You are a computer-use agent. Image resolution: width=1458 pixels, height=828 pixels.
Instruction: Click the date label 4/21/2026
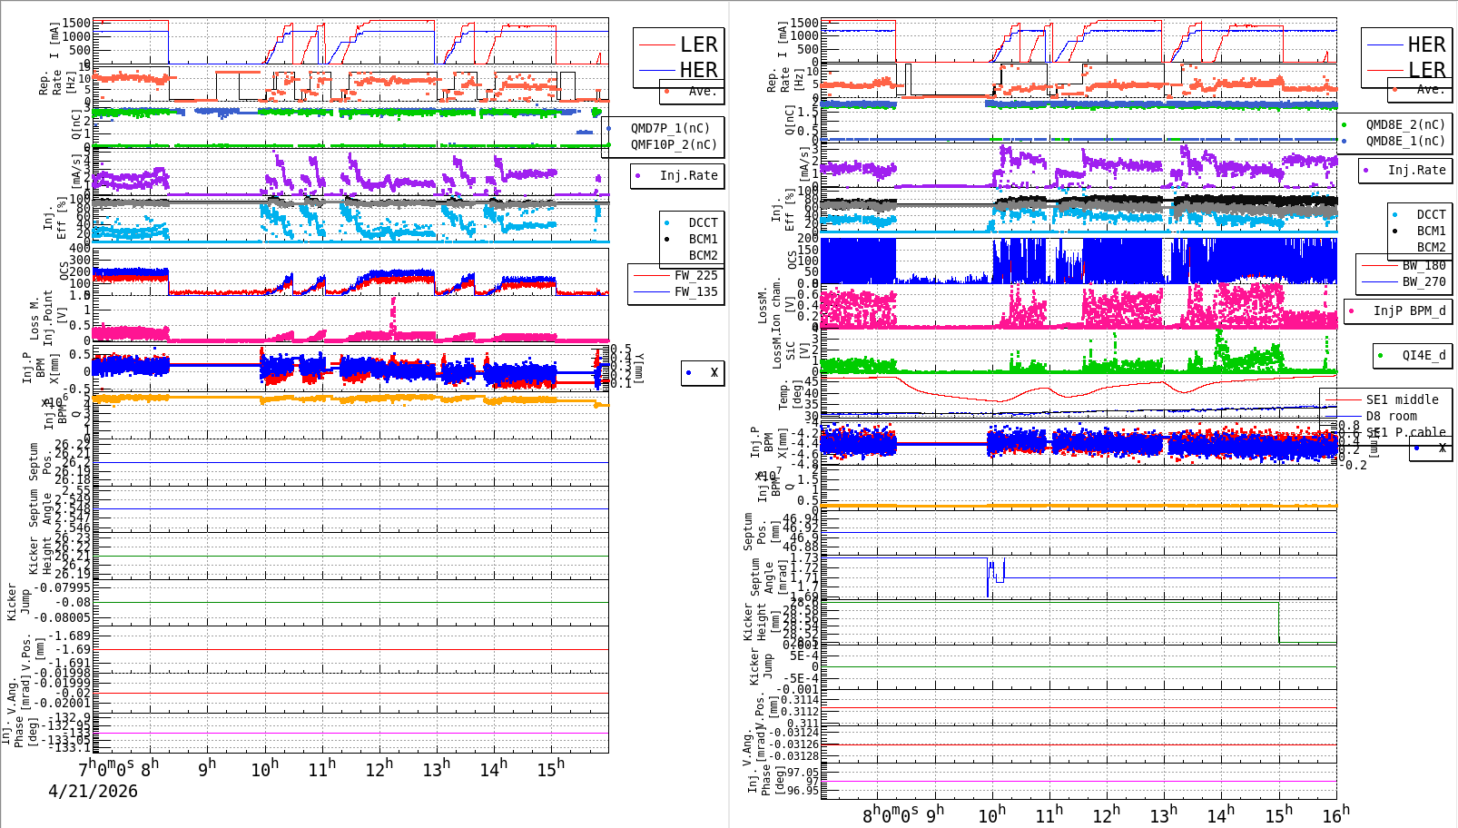(93, 792)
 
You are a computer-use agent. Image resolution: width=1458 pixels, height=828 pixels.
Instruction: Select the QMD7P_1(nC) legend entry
(670, 129)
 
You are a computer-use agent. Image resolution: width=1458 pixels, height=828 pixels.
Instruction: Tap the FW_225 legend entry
(695, 276)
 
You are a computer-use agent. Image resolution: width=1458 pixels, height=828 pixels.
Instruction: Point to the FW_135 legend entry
(695, 292)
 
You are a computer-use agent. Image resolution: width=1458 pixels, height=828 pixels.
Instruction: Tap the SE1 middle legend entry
(1402, 400)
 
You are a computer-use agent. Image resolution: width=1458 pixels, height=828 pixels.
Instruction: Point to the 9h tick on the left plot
(207, 767)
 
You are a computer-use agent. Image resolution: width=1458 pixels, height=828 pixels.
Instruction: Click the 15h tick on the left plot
(550, 769)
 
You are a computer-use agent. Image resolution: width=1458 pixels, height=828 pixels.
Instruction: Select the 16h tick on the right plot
(1335, 814)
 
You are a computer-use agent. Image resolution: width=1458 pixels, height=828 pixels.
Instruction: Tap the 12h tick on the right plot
(1106, 814)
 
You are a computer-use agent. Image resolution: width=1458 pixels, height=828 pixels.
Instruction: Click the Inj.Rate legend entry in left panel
(688, 176)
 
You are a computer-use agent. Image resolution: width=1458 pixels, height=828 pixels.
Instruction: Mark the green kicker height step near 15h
(1279, 623)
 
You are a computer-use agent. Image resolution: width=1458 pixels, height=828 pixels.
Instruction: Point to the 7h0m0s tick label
(106, 768)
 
